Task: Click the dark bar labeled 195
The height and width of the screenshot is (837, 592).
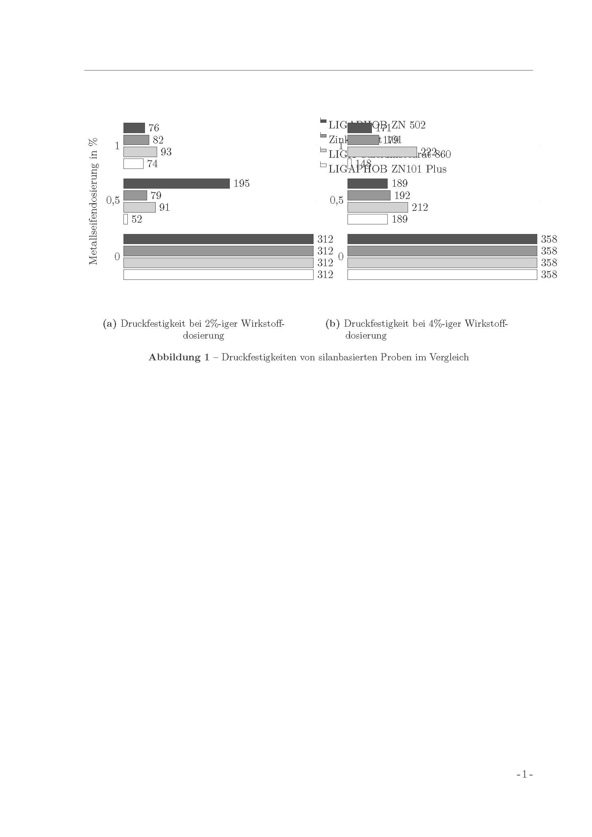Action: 176,183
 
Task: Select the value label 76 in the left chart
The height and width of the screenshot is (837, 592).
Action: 154,128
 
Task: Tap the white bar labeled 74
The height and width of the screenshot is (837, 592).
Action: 134,164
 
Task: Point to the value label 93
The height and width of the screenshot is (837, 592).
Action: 166,152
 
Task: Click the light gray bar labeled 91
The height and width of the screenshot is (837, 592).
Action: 140,208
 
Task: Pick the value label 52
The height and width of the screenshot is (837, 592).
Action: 137,219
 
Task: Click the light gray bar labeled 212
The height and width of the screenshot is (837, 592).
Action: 377,208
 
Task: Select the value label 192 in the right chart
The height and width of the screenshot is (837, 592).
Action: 402,196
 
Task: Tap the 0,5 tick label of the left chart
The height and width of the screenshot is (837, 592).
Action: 113,200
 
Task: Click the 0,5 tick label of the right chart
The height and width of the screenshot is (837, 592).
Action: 336,200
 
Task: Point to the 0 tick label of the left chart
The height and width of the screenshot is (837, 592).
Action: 117,257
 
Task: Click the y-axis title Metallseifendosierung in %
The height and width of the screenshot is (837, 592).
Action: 93,201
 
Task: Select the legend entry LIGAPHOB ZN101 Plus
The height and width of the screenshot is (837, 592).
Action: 387,169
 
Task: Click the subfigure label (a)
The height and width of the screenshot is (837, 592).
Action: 110,324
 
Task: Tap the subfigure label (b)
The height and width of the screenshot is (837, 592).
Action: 333,324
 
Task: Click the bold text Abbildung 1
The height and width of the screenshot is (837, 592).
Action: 179,357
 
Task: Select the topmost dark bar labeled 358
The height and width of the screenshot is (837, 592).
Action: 442,239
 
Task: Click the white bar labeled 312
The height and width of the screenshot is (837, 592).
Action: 218,274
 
